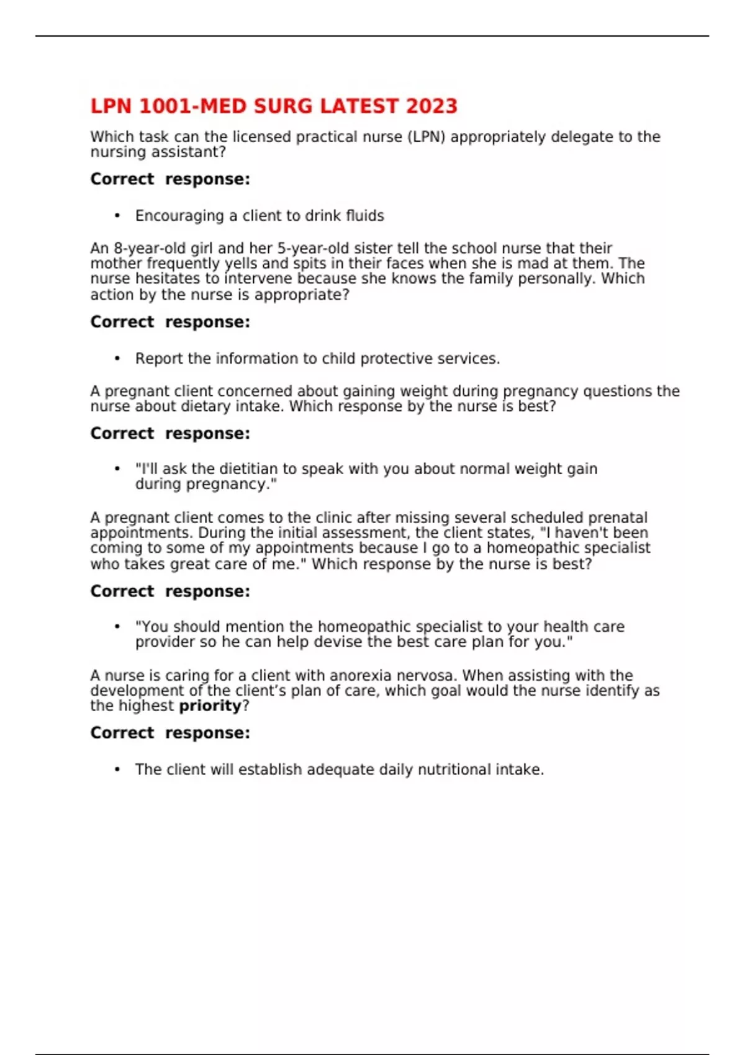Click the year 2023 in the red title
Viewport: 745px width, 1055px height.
(x=431, y=106)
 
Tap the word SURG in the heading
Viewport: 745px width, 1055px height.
(x=284, y=106)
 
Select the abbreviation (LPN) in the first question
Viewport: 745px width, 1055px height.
(x=427, y=137)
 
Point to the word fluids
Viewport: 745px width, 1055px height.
(x=365, y=216)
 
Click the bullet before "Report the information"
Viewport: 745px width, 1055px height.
(x=117, y=359)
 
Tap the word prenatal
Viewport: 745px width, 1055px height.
(x=618, y=518)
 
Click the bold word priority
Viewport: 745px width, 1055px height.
(x=210, y=706)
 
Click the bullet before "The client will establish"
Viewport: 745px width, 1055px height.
(x=117, y=770)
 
